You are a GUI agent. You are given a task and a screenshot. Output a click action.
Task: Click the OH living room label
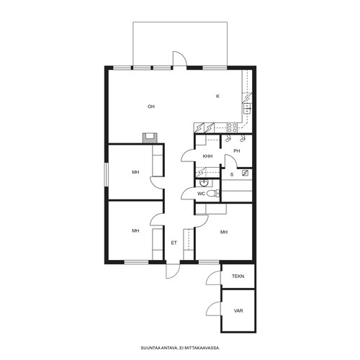151,107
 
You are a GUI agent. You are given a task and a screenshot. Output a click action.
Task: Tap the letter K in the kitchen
217,96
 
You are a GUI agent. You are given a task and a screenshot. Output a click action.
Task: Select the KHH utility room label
207,156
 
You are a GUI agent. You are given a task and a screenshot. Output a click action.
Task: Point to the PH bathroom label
237,151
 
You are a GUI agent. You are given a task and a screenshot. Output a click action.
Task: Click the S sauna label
232,174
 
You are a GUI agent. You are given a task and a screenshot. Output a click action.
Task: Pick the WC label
201,194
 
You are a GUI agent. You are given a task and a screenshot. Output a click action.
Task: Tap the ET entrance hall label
174,243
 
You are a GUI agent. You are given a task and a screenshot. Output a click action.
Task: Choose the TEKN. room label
238,276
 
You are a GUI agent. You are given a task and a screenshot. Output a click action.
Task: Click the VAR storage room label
238,310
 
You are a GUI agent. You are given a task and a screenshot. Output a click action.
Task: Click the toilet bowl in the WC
212,193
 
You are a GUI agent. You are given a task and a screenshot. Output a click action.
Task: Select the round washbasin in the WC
204,183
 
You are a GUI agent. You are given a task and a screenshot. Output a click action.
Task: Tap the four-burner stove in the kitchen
232,127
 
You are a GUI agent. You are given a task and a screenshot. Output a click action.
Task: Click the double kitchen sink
247,109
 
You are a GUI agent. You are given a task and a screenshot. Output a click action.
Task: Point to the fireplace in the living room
150,138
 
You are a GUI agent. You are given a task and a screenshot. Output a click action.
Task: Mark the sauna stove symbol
245,173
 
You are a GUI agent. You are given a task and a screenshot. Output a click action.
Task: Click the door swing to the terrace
179,58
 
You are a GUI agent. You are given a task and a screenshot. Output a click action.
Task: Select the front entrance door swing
173,271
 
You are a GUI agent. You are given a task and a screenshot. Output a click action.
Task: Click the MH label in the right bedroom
224,232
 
